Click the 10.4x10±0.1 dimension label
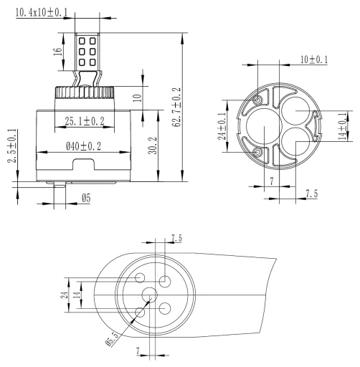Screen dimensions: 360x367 [x=42, y=12]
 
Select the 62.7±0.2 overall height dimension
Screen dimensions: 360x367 [x=176, y=108]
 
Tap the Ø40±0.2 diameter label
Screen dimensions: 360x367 [x=83, y=146]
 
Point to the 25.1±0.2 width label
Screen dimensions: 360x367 [x=85, y=121]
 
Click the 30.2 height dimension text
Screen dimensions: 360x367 [x=153, y=146]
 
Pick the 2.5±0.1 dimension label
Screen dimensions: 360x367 [x=12, y=146]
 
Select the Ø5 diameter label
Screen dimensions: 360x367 [x=86, y=198]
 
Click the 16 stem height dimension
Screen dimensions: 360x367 [x=57, y=52]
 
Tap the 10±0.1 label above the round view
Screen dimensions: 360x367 [x=314, y=59]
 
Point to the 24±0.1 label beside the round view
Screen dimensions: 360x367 [x=222, y=126]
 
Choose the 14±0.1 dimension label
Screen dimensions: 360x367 [x=343, y=126]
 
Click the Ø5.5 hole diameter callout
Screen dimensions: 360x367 [x=112, y=339]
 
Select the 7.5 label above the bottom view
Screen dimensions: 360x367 [x=176, y=238]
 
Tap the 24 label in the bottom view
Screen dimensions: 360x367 [x=64, y=295]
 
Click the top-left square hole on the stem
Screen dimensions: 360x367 [x=82, y=42]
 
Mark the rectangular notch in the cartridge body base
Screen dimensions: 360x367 [x=84, y=164]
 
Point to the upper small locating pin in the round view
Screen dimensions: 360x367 [x=257, y=100]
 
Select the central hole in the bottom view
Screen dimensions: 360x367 [x=149, y=295]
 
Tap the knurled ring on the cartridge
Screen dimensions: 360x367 [x=85, y=92]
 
